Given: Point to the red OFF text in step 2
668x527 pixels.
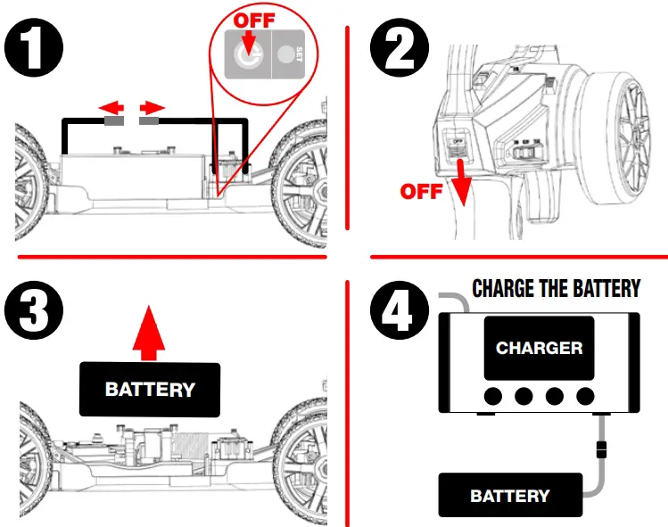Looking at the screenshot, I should [x=420, y=191].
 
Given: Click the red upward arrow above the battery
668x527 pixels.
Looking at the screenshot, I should [x=149, y=335].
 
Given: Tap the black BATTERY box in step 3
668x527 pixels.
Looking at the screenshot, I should [x=149, y=389].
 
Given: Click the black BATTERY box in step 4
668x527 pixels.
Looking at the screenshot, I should [x=509, y=495].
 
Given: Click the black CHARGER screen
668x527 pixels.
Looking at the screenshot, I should [x=539, y=347].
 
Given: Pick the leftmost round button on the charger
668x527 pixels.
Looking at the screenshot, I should [x=493, y=395].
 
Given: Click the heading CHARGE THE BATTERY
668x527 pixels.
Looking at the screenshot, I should [x=556, y=289].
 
